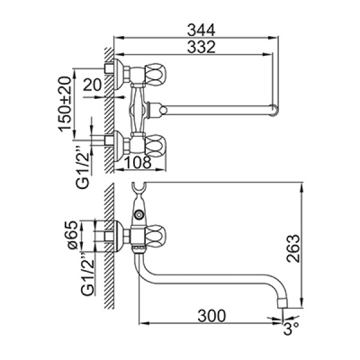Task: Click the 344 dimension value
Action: pos(201,30)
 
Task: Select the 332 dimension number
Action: pos(201,47)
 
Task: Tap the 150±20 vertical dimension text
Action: pos(65,104)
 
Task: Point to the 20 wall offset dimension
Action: pos(92,85)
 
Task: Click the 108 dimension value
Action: pos(138,162)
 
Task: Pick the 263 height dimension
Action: pos(293,248)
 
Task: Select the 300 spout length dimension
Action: pos(212,316)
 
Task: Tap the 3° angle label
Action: pos(291,329)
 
